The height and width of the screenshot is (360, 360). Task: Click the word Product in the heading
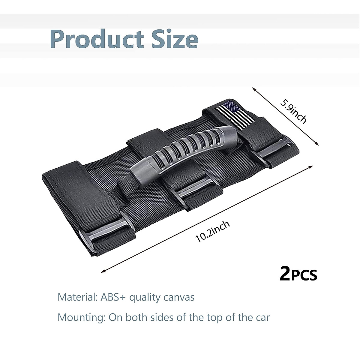tap(97, 39)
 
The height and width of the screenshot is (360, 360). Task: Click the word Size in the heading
tap(175, 39)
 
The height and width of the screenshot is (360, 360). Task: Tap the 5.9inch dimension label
tap(293, 112)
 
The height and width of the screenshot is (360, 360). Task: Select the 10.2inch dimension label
tap(212, 232)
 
